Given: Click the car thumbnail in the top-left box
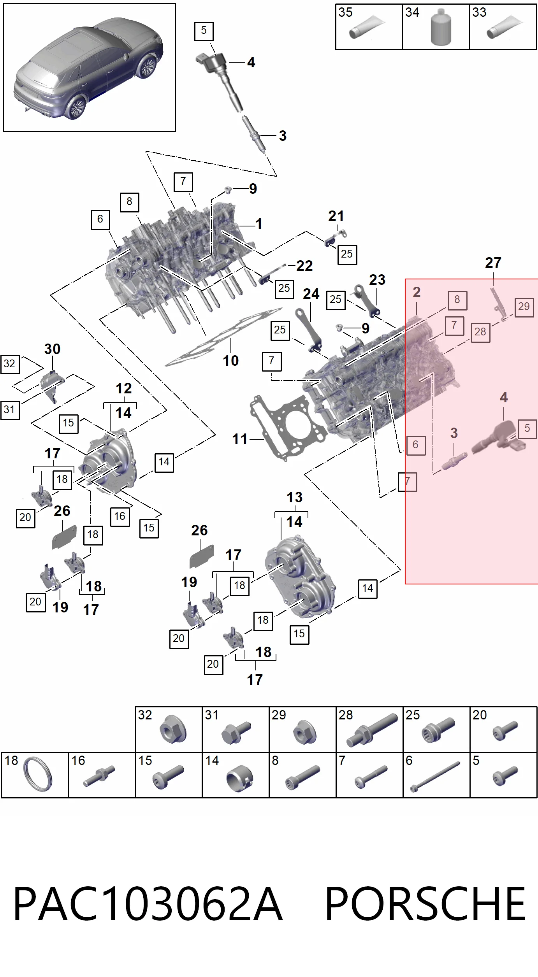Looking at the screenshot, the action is [x=89, y=68].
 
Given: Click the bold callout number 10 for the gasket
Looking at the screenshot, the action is [x=230, y=361].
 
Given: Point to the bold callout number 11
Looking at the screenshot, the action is [x=240, y=439].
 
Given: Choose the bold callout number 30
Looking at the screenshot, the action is [x=52, y=349].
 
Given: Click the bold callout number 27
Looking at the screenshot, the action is [x=493, y=263].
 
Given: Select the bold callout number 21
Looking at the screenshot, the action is [x=336, y=216].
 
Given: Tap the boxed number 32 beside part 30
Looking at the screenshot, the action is [x=10, y=364].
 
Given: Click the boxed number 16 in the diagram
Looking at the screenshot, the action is [x=120, y=517].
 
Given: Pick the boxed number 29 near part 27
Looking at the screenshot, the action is [x=524, y=307].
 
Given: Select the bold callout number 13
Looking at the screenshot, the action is [x=294, y=497].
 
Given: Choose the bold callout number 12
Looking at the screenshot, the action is [x=123, y=388].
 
